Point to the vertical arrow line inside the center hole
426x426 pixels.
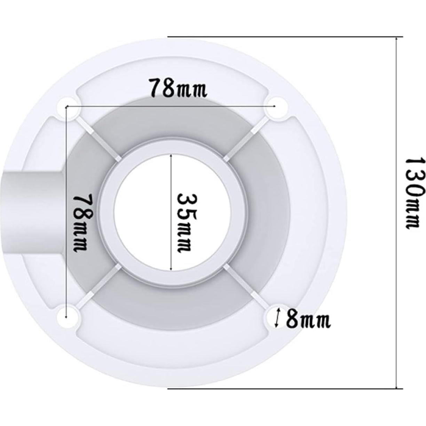(171, 213)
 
